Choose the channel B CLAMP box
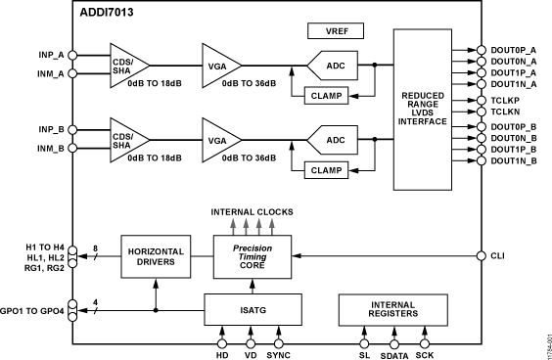pos(328,169)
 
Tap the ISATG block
pos(252,310)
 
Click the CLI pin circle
pos(482,255)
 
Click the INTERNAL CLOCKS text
pos(252,211)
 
